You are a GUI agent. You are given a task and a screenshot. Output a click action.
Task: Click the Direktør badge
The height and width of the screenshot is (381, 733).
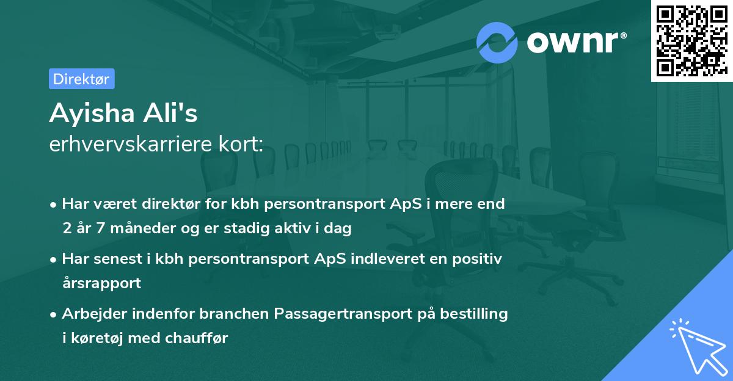81,79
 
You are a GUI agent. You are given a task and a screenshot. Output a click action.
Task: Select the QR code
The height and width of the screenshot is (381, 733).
691,40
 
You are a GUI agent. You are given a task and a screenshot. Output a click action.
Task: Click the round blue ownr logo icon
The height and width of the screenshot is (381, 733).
497,42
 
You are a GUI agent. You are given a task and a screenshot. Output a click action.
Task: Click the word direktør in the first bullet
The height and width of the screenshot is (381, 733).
183,204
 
